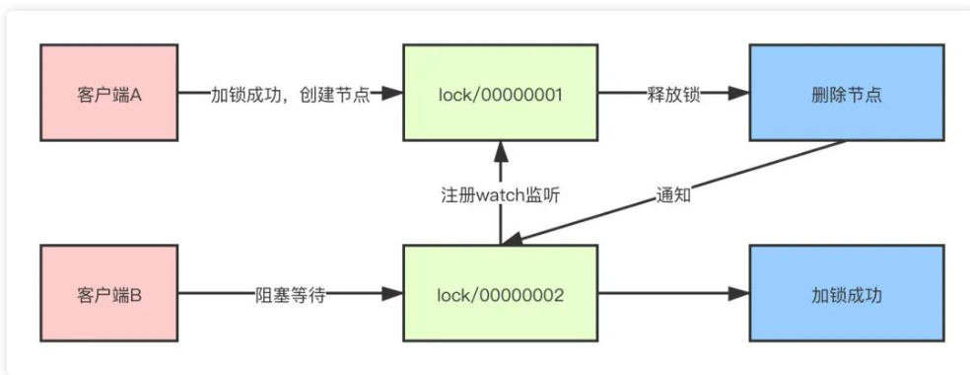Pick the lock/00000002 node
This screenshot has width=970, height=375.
coord(500,293)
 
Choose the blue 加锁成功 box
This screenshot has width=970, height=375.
coord(844,293)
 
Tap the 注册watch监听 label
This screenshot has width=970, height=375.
coord(500,193)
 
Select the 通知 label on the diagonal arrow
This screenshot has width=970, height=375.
coord(672,194)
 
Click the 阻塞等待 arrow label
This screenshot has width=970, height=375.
coord(289,293)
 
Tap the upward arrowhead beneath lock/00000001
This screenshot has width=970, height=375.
coord(500,149)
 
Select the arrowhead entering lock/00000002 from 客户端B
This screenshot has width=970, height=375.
coord(394,293)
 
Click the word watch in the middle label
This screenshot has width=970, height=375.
coord(500,193)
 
